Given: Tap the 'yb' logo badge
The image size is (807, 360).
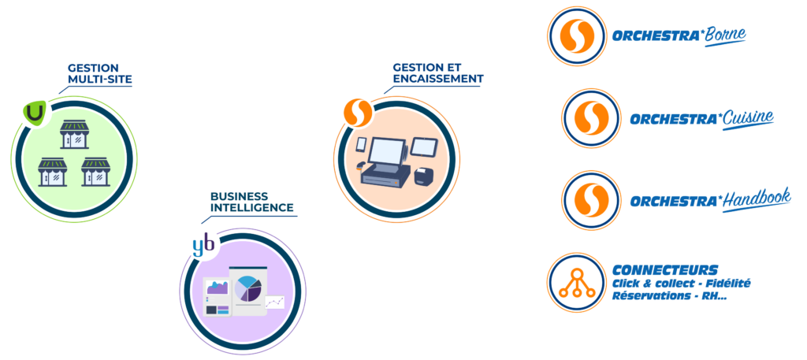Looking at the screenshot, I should click(203, 247).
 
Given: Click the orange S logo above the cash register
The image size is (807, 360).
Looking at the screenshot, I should click(357, 113).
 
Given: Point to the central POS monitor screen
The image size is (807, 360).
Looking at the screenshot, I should click(386, 150).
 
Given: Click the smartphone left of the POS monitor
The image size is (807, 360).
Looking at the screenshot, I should click(361, 146).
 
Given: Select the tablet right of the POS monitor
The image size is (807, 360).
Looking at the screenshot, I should click(424, 147).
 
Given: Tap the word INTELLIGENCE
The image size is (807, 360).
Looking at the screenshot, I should click(251, 208).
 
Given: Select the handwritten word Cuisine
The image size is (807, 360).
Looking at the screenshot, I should click(748, 118).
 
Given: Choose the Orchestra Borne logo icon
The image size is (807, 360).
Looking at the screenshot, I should click(574, 36).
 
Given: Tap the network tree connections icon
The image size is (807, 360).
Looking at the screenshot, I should click(574, 281).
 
